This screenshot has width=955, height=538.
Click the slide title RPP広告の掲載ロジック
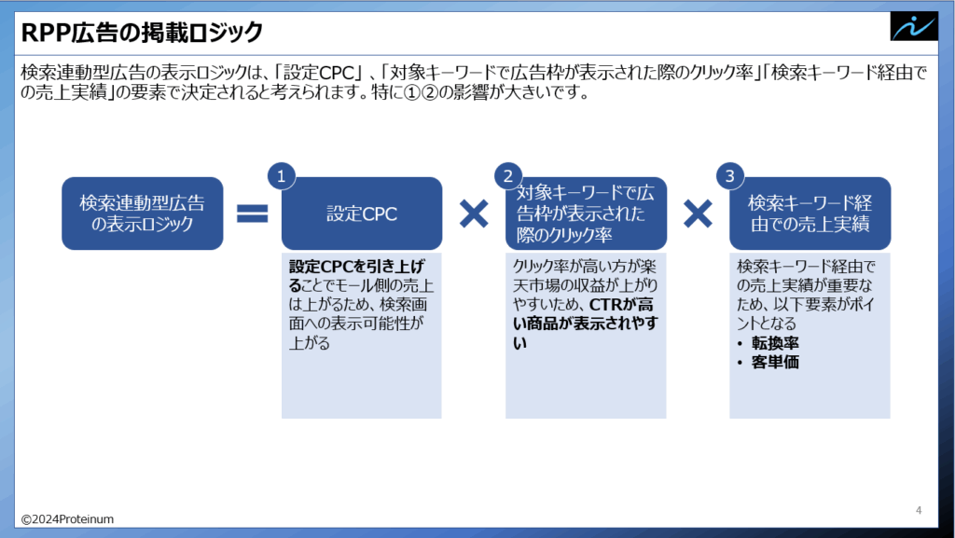143,33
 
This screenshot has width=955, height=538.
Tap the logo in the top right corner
912,26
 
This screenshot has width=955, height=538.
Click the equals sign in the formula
252,214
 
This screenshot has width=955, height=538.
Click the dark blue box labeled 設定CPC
362,214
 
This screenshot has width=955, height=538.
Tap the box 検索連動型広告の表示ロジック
143,214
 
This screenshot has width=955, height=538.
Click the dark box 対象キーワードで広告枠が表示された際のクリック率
586,214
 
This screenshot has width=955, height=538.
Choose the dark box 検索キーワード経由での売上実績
810,214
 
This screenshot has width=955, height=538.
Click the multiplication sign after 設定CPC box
474,214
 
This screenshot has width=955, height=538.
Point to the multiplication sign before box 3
698,214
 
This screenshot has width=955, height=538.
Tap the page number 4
919,510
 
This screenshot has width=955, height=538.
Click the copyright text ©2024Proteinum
67,518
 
